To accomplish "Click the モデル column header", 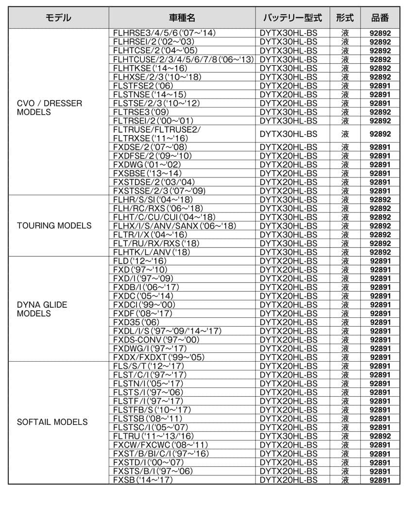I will point(58,18).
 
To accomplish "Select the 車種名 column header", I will point(182,18).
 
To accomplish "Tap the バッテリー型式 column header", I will point(292,18).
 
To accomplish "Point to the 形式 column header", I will point(345,18).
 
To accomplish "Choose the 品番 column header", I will point(380,18).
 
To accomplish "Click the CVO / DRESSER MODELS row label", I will point(49,108).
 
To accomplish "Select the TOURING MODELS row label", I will point(54,226).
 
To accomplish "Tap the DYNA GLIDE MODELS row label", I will point(42,309).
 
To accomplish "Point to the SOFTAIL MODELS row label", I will point(52,421).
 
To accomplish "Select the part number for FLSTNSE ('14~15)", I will point(380,94).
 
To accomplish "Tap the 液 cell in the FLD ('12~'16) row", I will point(345,261).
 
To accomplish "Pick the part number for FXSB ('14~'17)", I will point(380,480).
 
